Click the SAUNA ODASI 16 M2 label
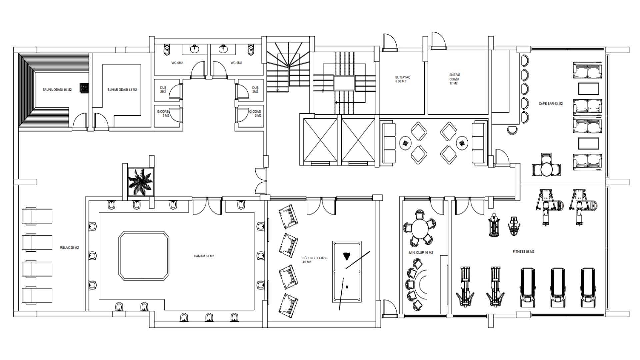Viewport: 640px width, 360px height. [57, 90]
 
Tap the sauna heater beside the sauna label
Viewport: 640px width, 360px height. [84, 87]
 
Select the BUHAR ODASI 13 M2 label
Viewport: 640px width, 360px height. [122, 90]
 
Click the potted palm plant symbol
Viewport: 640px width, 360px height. [140, 182]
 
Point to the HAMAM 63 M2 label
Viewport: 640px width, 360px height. [204, 256]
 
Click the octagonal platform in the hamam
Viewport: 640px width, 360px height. [144, 256]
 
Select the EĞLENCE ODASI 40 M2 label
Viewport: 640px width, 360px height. [314, 260]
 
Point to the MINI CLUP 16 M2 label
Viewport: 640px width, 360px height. [421, 252]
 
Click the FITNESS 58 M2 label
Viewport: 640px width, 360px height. [523, 252]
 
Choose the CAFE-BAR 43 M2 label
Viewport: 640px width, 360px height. [550, 104]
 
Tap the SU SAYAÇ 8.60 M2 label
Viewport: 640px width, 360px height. [403, 79]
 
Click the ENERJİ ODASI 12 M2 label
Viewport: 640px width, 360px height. [454, 79]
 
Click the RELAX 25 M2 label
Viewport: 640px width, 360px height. [69, 248]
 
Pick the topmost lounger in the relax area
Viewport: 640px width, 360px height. [37, 216]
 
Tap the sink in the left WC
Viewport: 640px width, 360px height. [195, 50]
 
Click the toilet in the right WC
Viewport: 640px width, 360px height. [251, 50]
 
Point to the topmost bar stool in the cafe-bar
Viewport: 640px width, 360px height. [524, 61]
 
